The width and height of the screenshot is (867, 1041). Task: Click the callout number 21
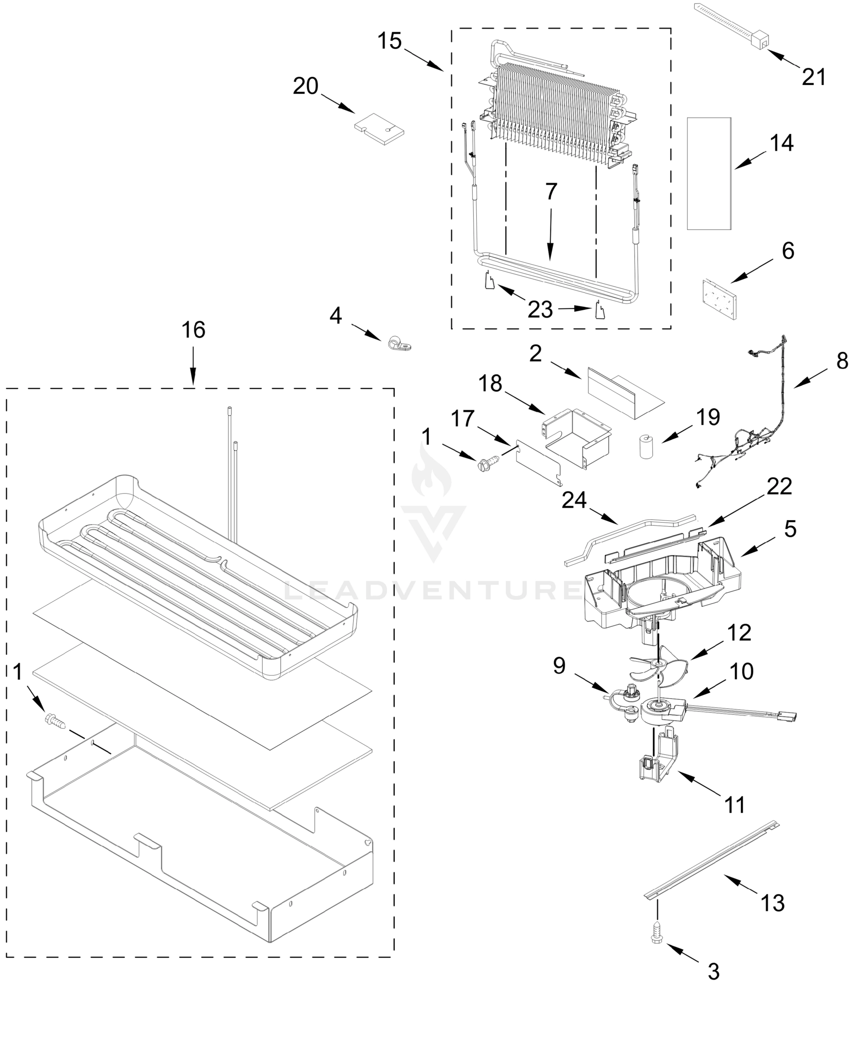[814, 77]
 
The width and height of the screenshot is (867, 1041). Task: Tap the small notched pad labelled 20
[379, 128]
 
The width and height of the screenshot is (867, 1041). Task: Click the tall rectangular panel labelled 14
[709, 173]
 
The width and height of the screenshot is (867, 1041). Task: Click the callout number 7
[551, 191]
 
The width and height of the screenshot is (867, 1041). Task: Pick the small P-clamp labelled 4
[399, 344]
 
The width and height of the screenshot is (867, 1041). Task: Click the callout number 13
[773, 903]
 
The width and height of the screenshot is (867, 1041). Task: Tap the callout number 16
[193, 330]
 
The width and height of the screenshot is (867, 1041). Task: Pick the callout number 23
[540, 310]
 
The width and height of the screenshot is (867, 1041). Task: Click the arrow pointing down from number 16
[193, 367]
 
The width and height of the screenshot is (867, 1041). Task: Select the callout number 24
[574, 501]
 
